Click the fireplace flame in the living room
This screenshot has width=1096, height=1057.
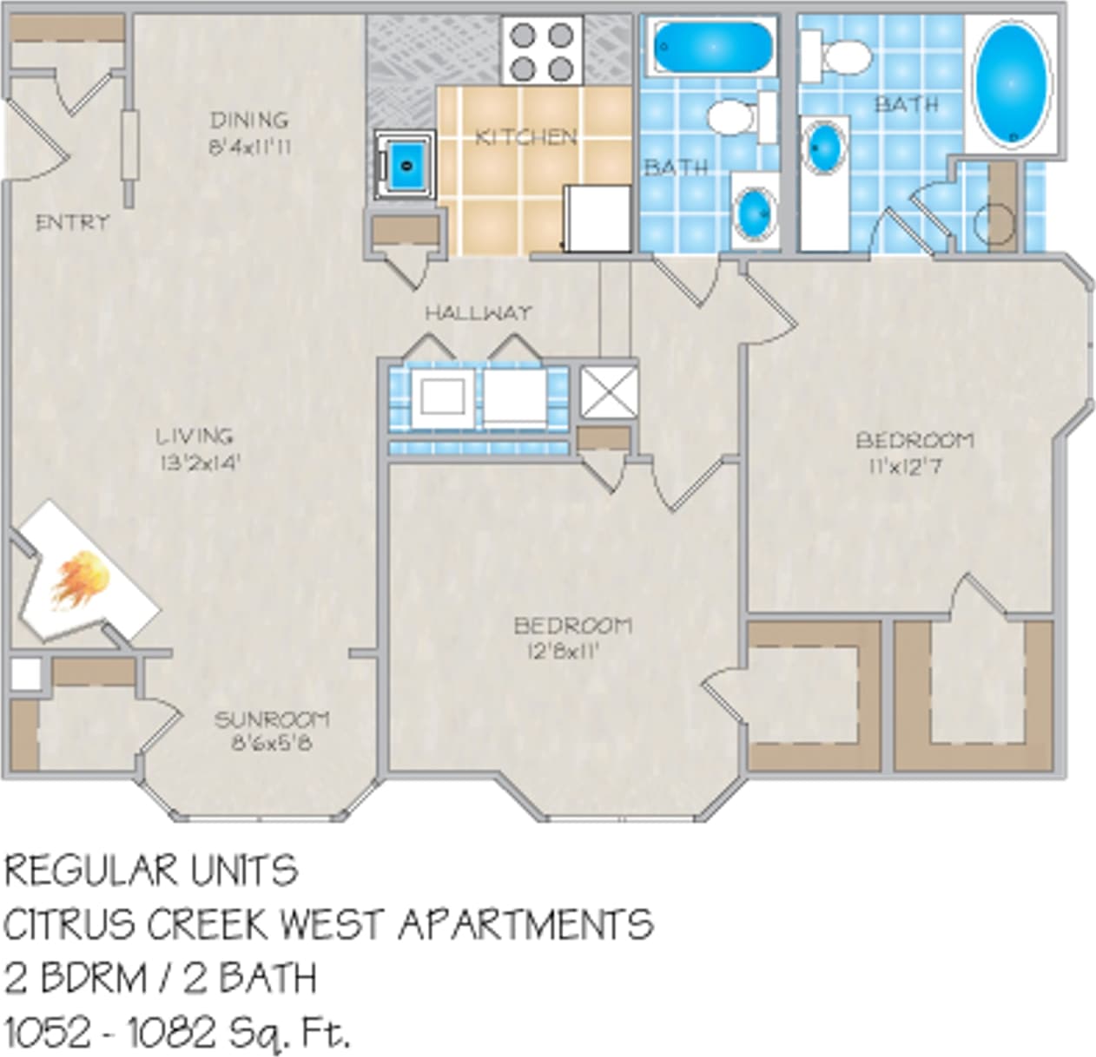click(82, 579)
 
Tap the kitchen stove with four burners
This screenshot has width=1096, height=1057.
click(542, 50)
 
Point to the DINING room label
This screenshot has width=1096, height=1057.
click(249, 120)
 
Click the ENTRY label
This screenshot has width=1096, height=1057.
click(72, 222)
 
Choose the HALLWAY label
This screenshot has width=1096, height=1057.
click(478, 312)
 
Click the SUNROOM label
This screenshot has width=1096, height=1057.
click(272, 719)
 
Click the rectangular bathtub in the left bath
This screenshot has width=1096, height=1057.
click(712, 48)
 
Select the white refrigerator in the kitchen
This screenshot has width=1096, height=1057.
click(598, 218)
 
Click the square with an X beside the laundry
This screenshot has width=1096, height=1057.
click(608, 391)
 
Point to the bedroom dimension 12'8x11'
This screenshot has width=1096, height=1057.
click(563, 651)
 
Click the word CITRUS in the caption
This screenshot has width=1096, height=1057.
click(70, 925)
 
